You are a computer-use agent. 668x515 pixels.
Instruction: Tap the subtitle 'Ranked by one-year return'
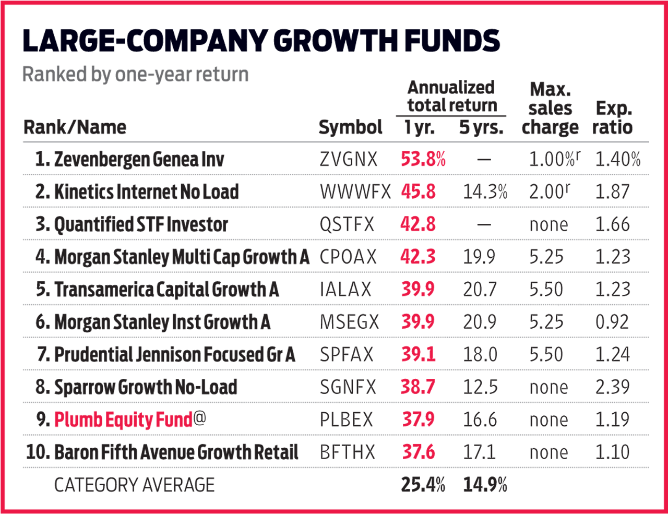(x=136, y=75)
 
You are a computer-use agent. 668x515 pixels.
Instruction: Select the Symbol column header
(x=350, y=127)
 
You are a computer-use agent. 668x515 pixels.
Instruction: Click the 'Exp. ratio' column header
(x=613, y=118)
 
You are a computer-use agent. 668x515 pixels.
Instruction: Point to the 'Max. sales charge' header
(x=550, y=109)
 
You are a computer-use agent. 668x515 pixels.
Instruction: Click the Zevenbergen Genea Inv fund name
(x=138, y=159)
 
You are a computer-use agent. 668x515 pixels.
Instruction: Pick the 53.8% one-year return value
(x=423, y=159)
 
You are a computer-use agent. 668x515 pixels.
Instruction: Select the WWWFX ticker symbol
(x=355, y=192)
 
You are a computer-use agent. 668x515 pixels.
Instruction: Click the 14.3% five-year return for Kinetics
(x=485, y=192)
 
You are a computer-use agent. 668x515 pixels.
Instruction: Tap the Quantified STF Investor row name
(x=141, y=224)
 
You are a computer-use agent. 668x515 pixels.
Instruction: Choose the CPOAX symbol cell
(x=348, y=257)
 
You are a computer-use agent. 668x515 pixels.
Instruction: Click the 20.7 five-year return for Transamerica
(x=480, y=290)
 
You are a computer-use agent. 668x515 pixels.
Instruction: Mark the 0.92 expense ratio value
(x=612, y=322)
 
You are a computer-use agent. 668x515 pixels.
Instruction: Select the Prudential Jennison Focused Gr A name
(x=174, y=355)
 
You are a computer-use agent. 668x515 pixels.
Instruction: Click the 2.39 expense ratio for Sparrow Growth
(x=613, y=387)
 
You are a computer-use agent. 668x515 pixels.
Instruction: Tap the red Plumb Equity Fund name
(x=124, y=420)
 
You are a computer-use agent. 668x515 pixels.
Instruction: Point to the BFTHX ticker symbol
(x=347, y=452)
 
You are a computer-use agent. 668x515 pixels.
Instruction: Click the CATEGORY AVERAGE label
(x=135, y=485)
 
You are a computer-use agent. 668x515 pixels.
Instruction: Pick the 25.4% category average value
(x=423, y=485)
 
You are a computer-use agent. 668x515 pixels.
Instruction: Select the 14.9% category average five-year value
(x=485, y=485)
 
